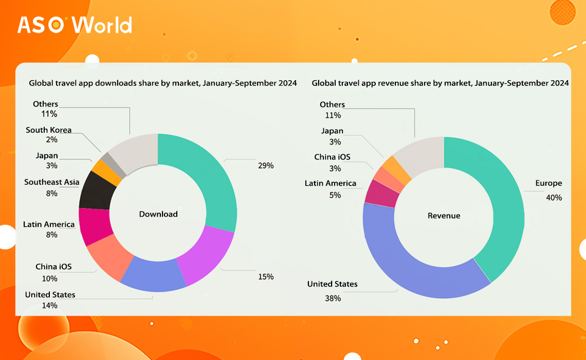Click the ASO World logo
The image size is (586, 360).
pos(75,25)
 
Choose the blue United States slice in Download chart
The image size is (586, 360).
pos(154,275)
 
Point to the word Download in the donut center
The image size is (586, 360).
pos(158,214)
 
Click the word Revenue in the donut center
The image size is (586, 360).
pos(444,215)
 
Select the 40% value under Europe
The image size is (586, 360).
pos(554,198)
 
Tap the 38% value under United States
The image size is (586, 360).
pos(333,298)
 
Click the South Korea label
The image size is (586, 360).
pos(49,130)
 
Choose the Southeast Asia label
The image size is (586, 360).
pos(51,182)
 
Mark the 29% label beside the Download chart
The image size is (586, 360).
pos(266,166)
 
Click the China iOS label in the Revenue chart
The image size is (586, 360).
pos(332,157)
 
